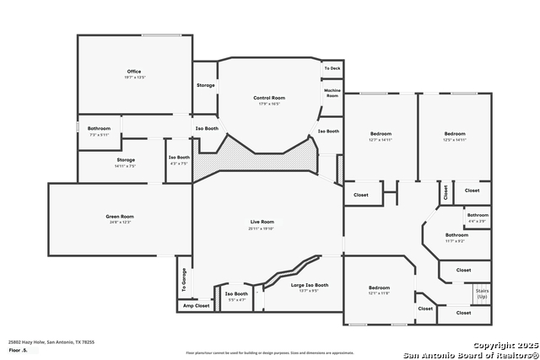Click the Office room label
click(134, 72)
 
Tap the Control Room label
click(267, 99)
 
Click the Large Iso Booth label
click(310, 285)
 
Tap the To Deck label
click(332, 68)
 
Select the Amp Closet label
click(196, 306)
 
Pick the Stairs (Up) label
click(482, 293)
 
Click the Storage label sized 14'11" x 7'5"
click(126, 160)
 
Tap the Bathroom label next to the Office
click(100, 128)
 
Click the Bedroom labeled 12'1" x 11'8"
click(379, 287)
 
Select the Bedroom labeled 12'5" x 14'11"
click(456, 134)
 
